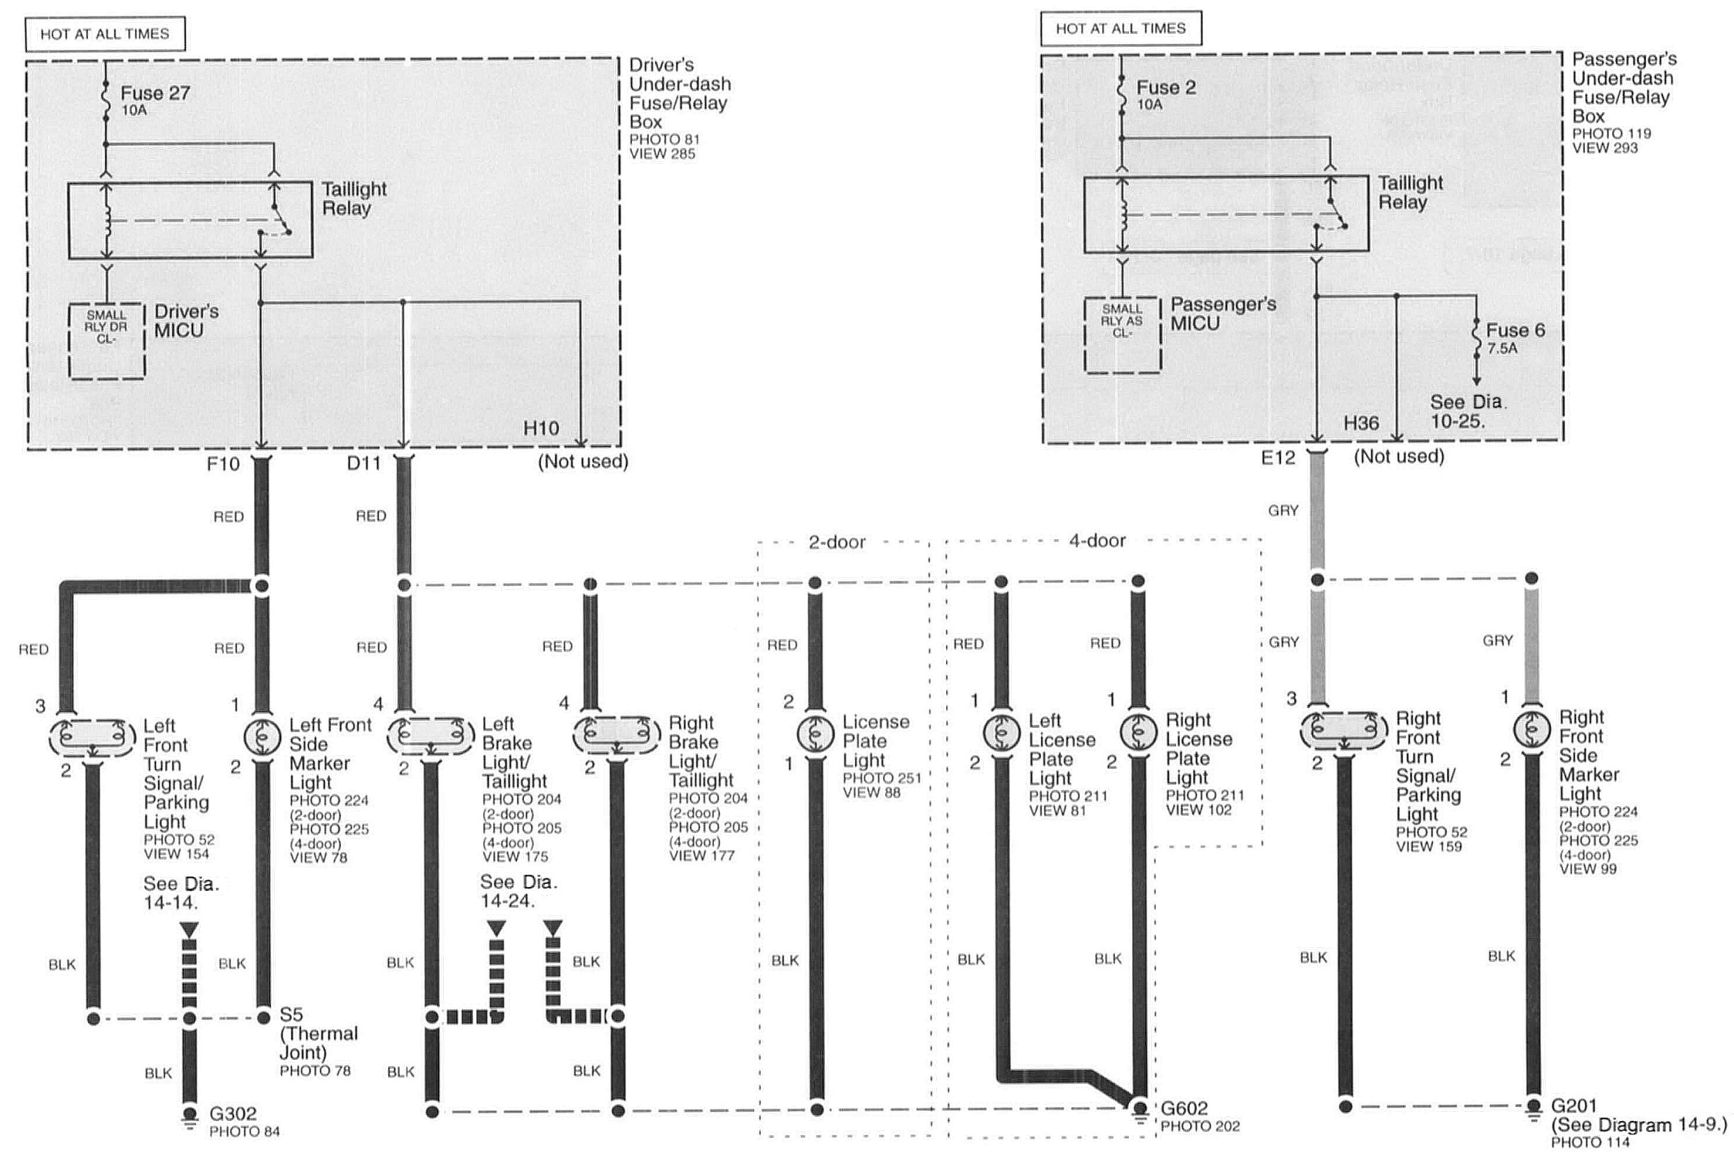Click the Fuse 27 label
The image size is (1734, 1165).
pos(155,94)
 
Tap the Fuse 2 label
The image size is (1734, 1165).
pos(1165,88)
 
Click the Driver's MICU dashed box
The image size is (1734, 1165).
pos(106,341)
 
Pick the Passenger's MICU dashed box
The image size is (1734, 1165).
pos(1122,335)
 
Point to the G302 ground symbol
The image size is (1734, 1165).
pos(190,1116)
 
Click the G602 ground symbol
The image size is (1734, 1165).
pos(1139,1112)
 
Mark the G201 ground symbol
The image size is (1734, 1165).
pos(1533,1108)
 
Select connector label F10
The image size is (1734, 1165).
pos(223,464)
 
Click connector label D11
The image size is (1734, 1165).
pos(364,463)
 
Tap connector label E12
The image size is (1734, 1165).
pos(1277,458)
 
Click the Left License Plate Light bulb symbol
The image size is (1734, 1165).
pos(1002,733)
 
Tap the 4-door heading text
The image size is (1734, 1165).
pos(1097,541)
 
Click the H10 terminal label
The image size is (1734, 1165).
pos(540,428)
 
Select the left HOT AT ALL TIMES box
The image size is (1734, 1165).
pos(105,34)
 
